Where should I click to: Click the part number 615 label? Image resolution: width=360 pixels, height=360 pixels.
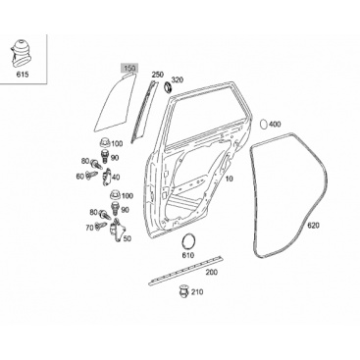(23, 75)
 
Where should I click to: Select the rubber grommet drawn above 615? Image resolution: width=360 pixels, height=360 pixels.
(22, 52)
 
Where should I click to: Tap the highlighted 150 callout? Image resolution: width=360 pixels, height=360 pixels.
(129, 69)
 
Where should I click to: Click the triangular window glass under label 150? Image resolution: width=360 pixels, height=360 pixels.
(115, 101)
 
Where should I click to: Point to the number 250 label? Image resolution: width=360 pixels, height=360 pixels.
(157, 75)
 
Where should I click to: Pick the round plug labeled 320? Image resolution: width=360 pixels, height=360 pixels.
(168, 87)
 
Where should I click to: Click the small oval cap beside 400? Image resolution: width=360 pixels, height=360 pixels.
(264, 125)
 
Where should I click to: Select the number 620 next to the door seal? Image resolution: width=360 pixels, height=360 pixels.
(313, 226)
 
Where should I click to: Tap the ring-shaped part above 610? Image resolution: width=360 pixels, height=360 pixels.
(187, 242)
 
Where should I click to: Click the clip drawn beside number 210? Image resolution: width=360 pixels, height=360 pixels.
(184, 291)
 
